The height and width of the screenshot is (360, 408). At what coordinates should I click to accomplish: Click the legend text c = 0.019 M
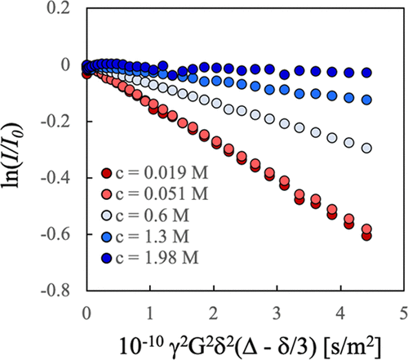[160, 173]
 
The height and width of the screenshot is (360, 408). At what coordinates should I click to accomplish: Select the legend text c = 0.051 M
[160, 193]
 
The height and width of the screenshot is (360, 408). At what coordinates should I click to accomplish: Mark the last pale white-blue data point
[366, 148]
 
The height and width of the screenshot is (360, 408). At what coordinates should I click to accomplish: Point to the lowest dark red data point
[366, 236]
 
